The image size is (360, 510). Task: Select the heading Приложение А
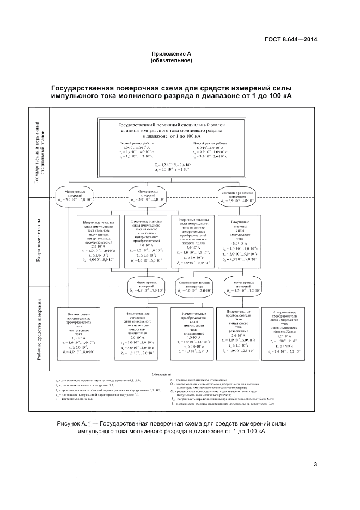(x=172, y=54)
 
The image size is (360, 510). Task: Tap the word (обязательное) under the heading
(x=172, y=60)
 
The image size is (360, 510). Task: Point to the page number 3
(x=315, y=464)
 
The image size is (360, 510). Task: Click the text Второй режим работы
(x=211, y=143)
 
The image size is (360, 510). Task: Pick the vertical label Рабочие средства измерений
(x=39, y=333)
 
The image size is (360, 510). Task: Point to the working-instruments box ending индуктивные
(x=192, y=333)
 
